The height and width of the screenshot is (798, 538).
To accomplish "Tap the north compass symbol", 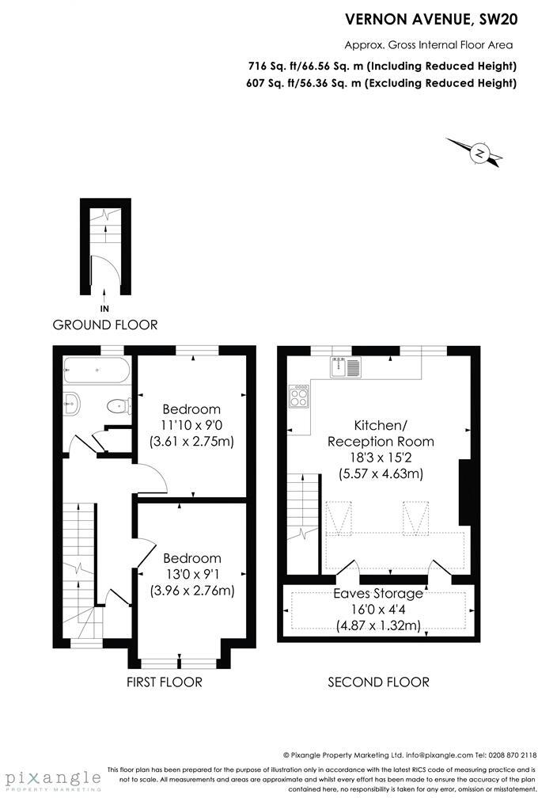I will [479, 153].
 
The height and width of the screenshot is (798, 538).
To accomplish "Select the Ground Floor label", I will [104, 325].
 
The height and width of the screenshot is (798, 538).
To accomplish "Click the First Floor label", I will [165, 682].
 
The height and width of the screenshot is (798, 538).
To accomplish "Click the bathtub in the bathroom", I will [95, 369].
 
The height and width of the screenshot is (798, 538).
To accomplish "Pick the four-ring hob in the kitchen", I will [301, 396].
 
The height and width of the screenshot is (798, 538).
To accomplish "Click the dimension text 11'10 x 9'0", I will [191, 425].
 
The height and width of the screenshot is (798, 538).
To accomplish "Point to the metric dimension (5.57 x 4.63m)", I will [381, 474].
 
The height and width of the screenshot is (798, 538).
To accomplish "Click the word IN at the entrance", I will [104, 308].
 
